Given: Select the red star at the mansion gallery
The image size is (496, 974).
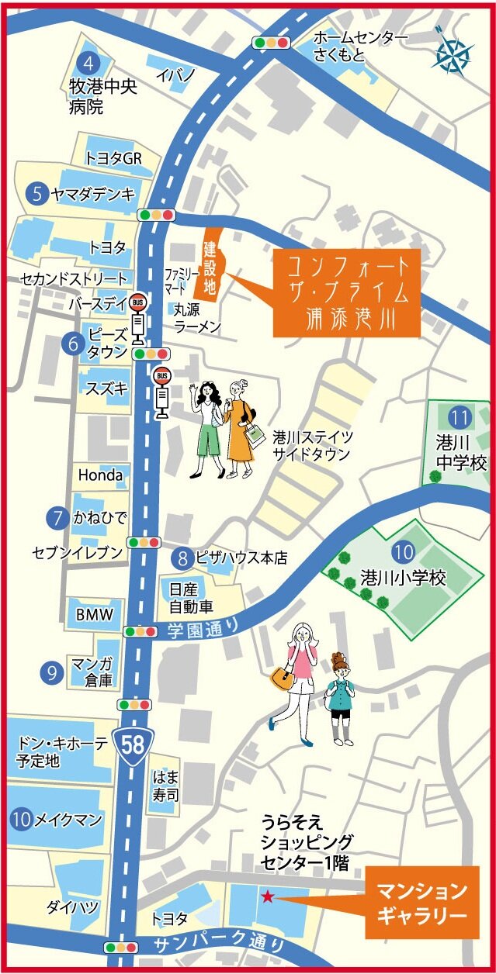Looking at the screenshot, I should [267, 896].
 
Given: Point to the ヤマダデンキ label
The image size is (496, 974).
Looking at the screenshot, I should [93, 193].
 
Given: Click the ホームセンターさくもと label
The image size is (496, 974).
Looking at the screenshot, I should [359, 46].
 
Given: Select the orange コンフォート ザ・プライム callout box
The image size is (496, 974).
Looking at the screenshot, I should [346, 292].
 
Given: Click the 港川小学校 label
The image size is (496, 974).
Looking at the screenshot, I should [403, 578].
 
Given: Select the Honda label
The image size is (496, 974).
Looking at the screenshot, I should [100, 475].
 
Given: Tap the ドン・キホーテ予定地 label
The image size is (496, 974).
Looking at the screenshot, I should [61, 751].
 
